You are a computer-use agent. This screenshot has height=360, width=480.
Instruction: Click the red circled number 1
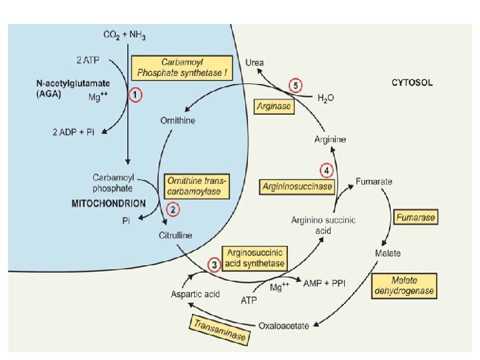(x=135, y=95)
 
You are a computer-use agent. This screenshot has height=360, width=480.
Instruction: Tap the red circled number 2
(x=173, y=210)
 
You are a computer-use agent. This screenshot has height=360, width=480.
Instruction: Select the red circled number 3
(x=214, y=265)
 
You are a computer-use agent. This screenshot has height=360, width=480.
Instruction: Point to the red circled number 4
(x=327, y=171)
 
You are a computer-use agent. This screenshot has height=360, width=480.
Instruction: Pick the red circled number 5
(x=295, y=86)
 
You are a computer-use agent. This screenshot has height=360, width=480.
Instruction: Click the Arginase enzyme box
(x=274, y=107)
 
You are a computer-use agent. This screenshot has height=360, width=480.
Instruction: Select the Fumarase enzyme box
(x=415, y=217)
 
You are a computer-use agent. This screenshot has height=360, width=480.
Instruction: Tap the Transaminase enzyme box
(x=220, y=330)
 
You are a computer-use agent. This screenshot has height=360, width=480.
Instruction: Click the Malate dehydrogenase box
(x=404, y=286)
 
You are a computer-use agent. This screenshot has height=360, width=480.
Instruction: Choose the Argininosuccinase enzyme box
(x=297, y=187)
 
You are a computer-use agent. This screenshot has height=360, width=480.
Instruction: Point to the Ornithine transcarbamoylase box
(x=197, y=187)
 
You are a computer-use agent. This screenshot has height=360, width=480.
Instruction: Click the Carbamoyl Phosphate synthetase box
(x=182, y=67)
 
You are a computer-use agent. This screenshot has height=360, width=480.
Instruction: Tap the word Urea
(x=255, y=63)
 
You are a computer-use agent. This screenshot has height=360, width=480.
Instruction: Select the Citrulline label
(x=175, y=235)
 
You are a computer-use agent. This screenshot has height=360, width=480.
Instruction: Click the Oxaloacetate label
(x=284, y=326)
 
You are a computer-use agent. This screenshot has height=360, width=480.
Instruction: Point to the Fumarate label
(x=374, y=181)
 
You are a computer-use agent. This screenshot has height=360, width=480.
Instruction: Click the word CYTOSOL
(x=412, y=83)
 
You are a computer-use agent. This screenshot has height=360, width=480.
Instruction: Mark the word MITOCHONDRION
(x=109, y=203)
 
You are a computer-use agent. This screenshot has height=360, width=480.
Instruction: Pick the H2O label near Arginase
(x=326, y=98)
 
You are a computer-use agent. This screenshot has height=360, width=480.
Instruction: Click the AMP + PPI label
(x=324, y=283)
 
